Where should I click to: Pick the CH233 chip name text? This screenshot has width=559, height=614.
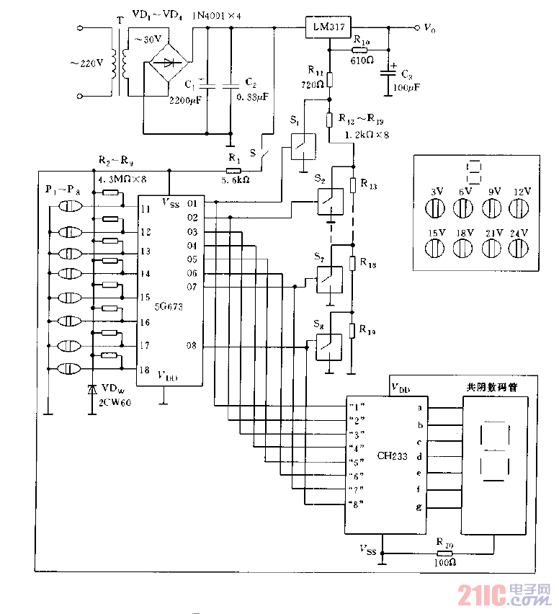click(x=391, y=455)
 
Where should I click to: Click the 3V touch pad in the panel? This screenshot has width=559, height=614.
click(x=437, y=209)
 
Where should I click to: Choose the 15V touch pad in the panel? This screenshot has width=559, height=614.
click(x=437, y=248)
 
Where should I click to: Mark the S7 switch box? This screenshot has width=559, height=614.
click(x=329, y=279)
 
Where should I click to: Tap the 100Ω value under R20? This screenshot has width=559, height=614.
click(x=444, y=561)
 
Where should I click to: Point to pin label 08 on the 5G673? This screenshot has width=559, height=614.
click(x=192, y=347)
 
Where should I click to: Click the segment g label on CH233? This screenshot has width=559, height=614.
click(x=419, y=508)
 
